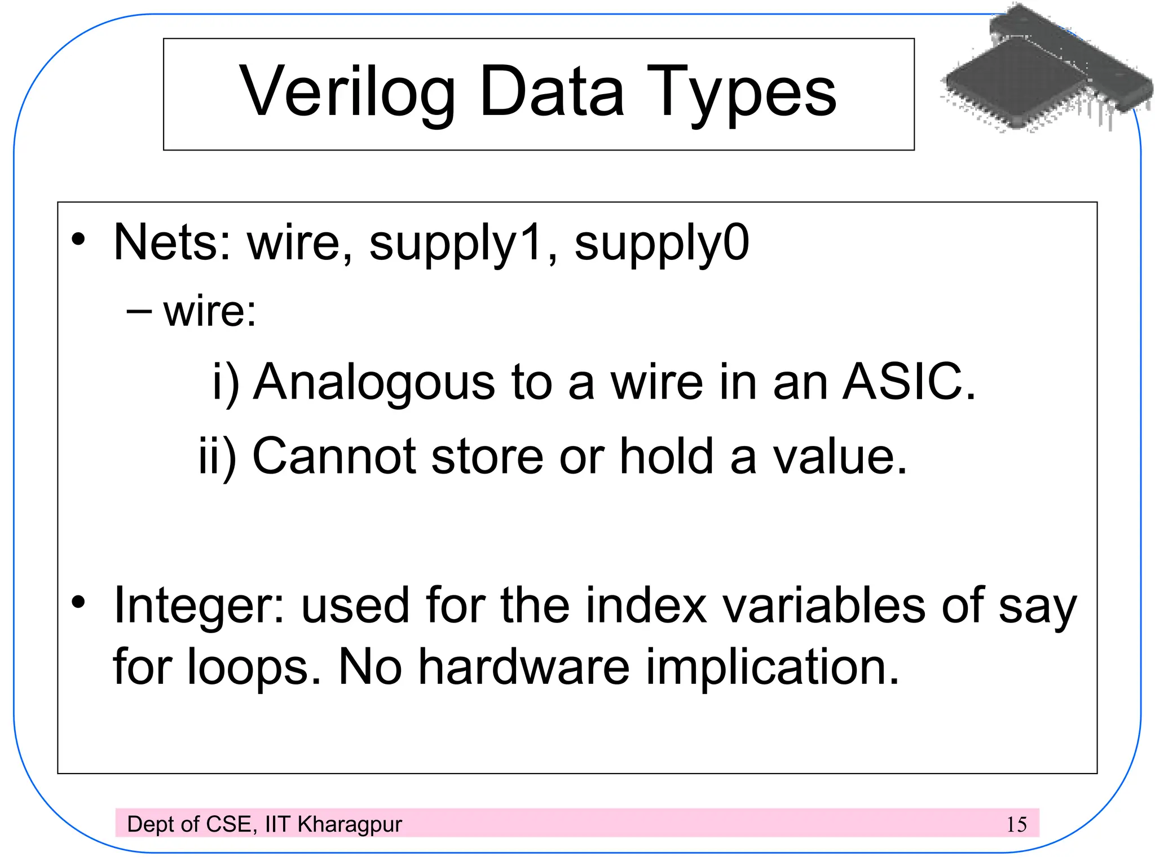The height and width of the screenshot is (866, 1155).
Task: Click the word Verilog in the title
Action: (347, 93)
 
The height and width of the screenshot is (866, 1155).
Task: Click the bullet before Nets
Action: (78, 239)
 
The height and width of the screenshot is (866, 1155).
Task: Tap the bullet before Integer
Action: (78, 602)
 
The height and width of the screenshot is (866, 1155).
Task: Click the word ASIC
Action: (908, 382)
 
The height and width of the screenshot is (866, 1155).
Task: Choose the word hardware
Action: (524, 668)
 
